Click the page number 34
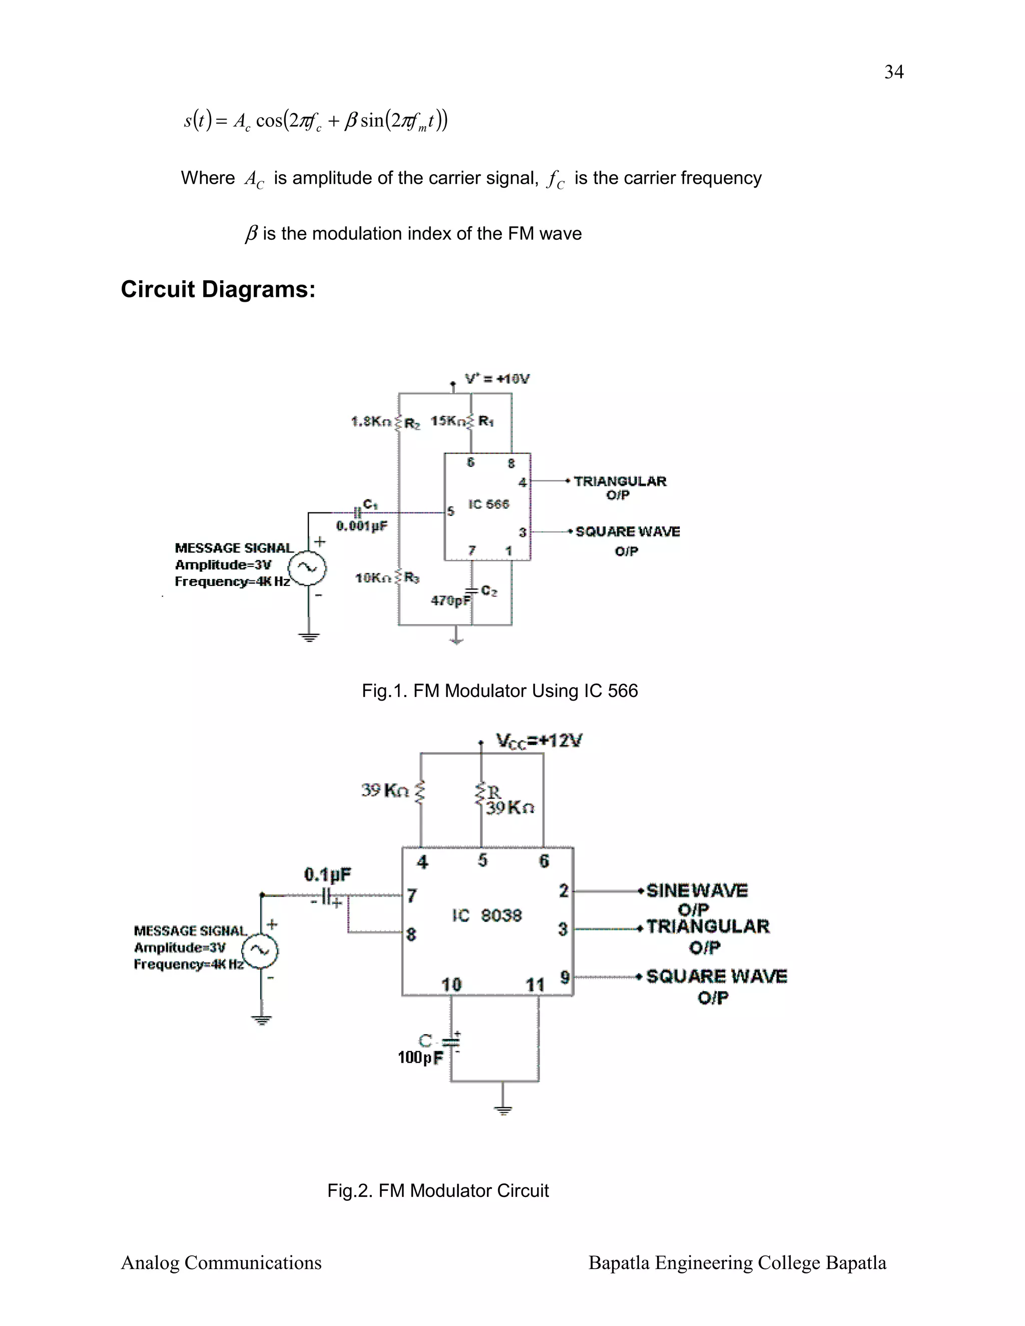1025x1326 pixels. pyautogui.click(x=893, y=72)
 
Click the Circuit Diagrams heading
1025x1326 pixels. pyautogui.click(x=218, y=289)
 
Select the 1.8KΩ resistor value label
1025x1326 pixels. pyautogui.click(x=370, y=421)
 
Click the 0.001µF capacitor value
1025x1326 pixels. pyautogui.click(x=361, y=526)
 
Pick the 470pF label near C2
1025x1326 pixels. pyautogui.click(x=450, y=600)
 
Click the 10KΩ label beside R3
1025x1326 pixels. pyautogui.click(x=373, y=578)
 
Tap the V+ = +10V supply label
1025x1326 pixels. pyautogui.click(x=497, y=379)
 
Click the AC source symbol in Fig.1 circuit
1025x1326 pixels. pyautogui.click(x=307, y=568)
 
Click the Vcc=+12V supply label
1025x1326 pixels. pyautogui.click(x=539, y=741)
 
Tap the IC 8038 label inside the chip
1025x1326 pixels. pyautogui.click(x=487, y=915)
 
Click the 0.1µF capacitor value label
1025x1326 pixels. pyautogui.click(x=327, y=874)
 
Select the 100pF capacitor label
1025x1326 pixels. pyautogui.click(x=420, y=1058)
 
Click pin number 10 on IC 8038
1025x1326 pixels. pyautogui.click(x=451, y=984)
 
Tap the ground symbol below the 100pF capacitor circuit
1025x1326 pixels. pyautogui.click(x=503, y=1110)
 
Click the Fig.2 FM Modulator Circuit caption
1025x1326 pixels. pyautogui.click(x=437, y=1190)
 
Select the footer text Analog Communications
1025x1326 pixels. pyautogui.click(x=221, y=1262)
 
